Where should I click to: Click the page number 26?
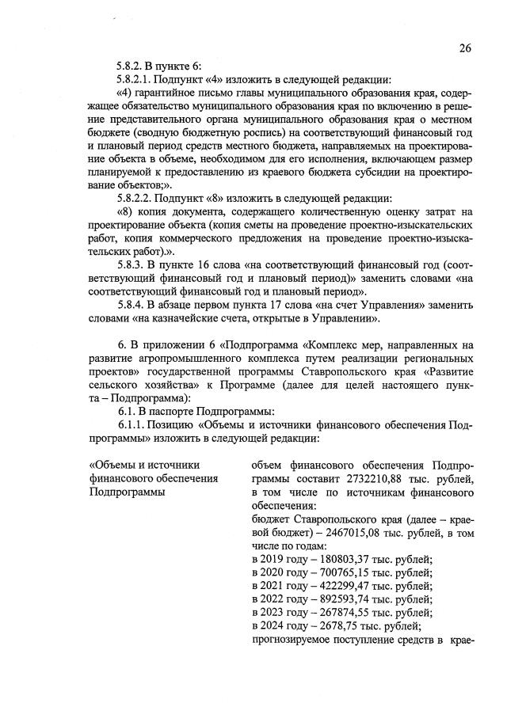[465, 48]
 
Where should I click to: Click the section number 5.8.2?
[132, 65]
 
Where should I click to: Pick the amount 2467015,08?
[315, 534]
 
